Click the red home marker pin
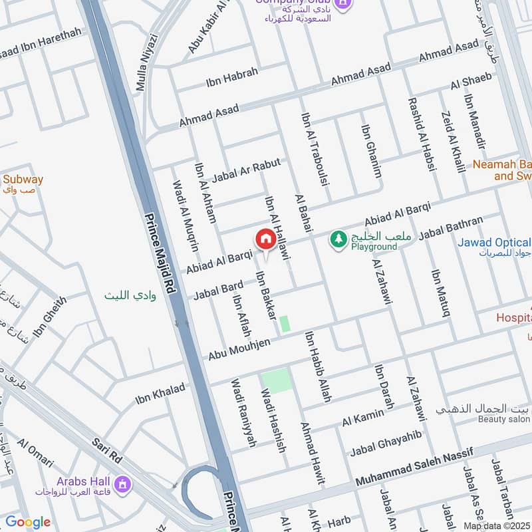(x=265, y=239)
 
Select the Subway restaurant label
(x=23, y=180)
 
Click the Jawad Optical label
(x=494, y=243)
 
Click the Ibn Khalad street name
(x=160, y=394)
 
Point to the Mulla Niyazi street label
(x=148, y=63)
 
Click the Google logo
(x=28, y=522)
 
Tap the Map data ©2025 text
(x=497, y=526)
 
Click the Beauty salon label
(x=503, y=420)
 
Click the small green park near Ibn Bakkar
(x=285, y=324)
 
